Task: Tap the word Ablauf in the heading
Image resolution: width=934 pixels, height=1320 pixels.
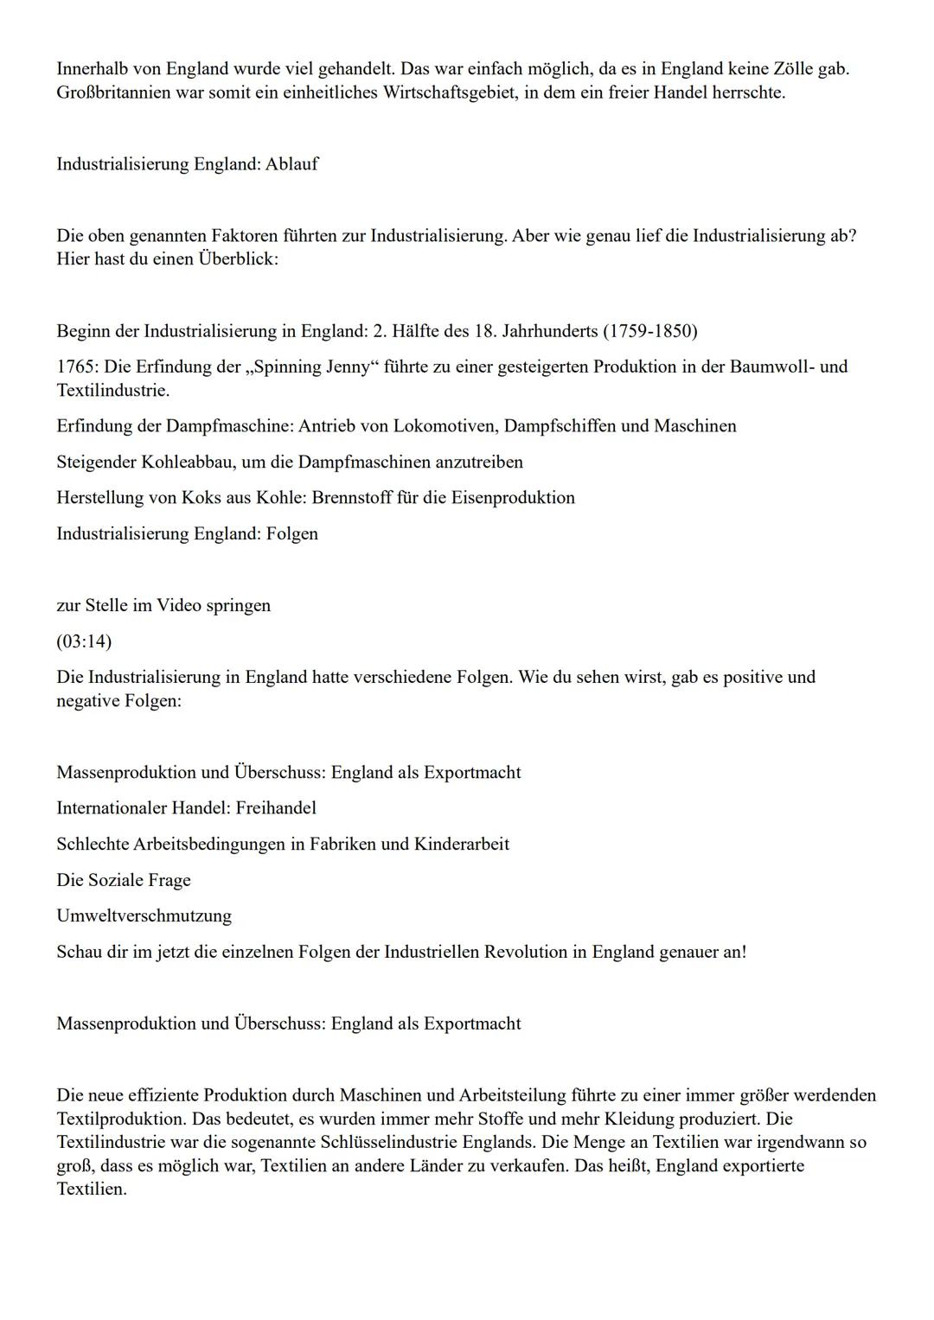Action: (291, 164)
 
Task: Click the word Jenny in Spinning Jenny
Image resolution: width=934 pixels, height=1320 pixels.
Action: (347, 367)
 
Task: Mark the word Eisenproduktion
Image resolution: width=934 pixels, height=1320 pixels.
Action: (513, 498)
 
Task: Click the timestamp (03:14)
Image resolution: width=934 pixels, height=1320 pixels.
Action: (84, 641)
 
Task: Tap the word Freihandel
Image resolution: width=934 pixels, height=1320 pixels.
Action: (276, 808)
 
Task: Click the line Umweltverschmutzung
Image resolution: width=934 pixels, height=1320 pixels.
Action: (144, 915)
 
